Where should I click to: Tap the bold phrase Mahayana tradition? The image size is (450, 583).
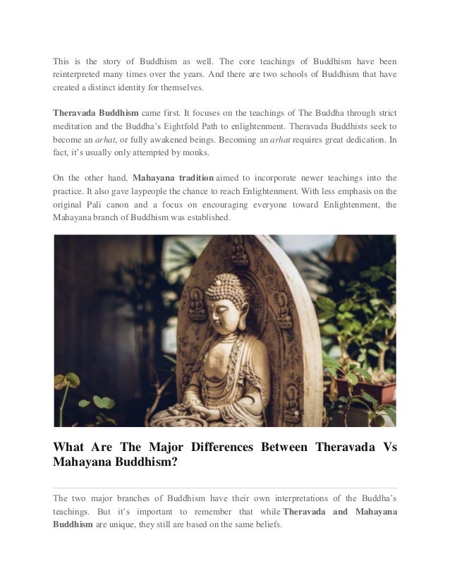tap(171, 178)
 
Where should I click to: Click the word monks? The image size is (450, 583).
tap(174, 152)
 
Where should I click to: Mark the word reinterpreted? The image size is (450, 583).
tap(80, 73)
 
